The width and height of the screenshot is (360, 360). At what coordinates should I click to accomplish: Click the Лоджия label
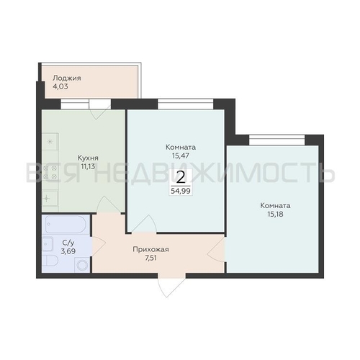(67, 78)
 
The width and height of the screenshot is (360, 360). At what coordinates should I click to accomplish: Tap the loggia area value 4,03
(60, 86)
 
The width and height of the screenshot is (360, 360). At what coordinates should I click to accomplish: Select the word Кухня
(88, 158)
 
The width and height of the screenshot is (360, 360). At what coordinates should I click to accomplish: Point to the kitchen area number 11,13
(88, 166)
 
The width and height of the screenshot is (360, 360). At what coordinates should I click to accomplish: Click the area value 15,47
(181, 156)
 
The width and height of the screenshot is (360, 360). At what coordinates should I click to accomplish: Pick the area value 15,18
(275, 214)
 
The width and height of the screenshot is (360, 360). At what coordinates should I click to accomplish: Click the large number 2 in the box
(181, 178)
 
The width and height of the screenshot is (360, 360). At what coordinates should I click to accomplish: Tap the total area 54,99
(181, 191)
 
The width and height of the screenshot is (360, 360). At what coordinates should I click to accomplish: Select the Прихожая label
(150, 250)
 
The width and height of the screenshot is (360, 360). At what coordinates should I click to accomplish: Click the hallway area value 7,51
(150, 258)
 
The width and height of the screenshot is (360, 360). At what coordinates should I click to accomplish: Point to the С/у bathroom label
(68, 243)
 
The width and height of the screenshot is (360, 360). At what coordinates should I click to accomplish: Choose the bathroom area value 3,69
(68, 251)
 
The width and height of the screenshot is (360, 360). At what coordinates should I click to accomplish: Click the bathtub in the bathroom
(66, 225)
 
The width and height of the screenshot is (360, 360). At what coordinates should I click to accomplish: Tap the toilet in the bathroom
(50, 261)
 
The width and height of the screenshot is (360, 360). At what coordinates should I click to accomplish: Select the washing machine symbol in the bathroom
(82, 265)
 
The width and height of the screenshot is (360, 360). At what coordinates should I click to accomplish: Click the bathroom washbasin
(48, 243)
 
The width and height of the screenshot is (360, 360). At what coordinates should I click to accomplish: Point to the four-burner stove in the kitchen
(50, 172)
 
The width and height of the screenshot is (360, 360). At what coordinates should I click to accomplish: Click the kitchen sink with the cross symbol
(50, 199)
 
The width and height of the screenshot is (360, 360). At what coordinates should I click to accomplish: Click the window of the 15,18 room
(277, 140)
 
